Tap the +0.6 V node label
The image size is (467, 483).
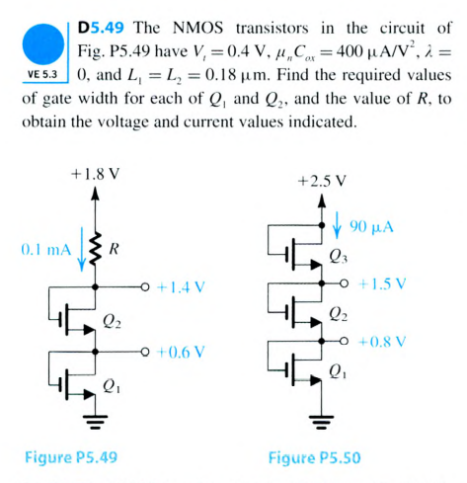[180, 351]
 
